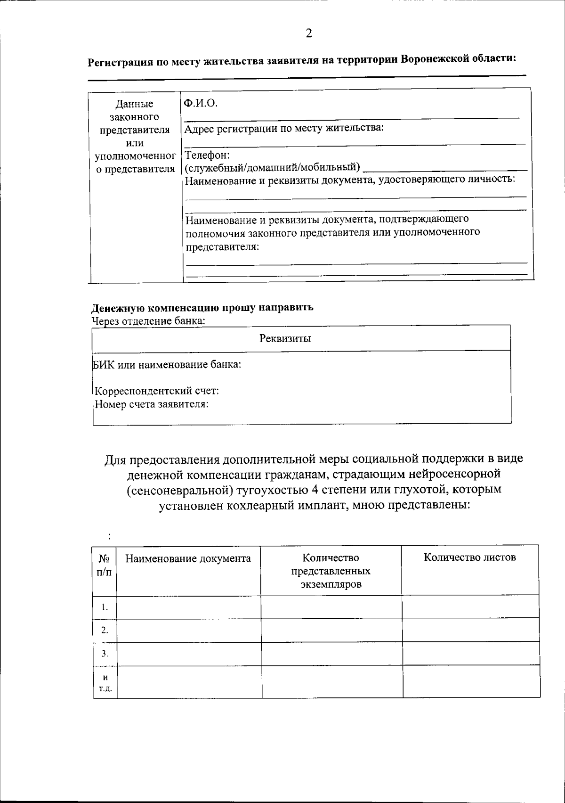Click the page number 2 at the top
point(308,33)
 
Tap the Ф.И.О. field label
point(201,103)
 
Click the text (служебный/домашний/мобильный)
point(272,167)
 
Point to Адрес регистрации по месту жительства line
point(284,129)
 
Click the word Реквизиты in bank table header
point(285,338)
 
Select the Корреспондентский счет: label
point(157,391)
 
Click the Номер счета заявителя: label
point(152,404)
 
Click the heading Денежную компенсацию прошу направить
point(202,308)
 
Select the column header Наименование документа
point(188,559)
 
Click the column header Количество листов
point(469,557)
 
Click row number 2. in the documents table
point(105,630)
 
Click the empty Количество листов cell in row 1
point(470,607)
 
